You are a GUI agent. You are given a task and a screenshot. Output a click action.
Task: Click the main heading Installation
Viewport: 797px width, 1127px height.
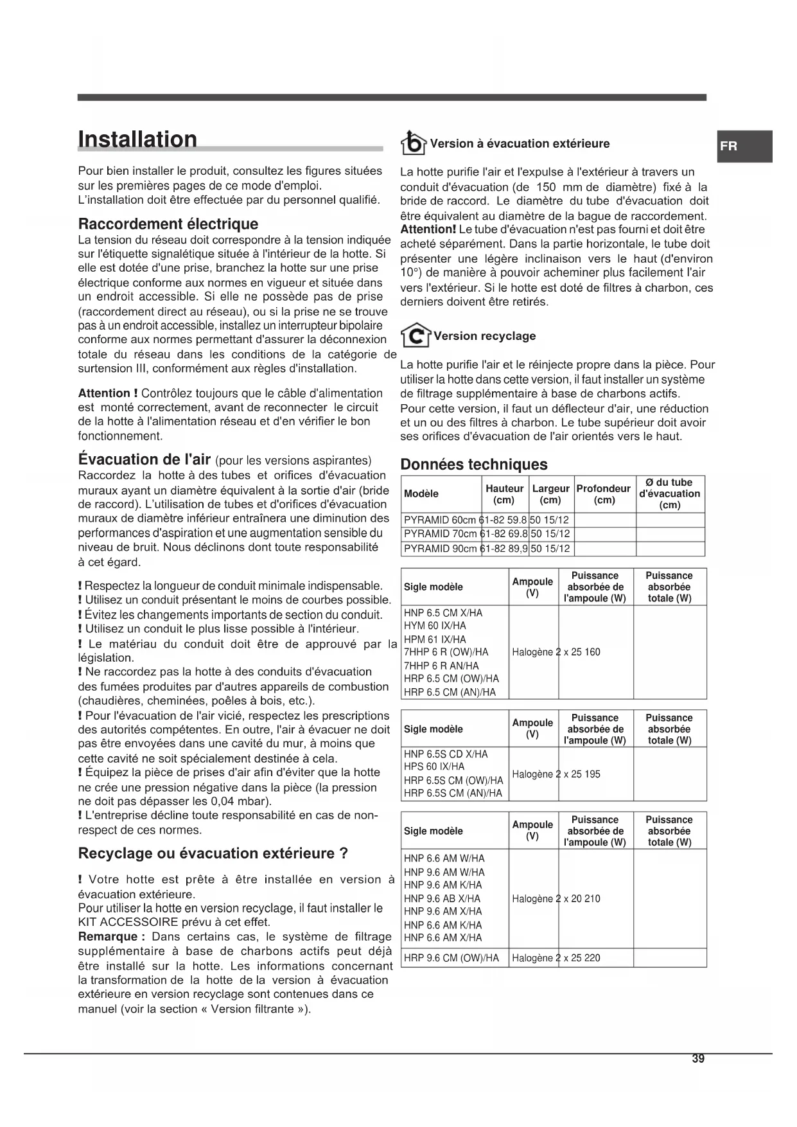pos(137,139)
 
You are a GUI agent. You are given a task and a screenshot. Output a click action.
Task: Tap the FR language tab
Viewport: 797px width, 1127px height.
pos(729,146)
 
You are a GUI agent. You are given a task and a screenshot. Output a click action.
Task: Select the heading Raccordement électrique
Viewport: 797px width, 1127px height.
pos(168,224)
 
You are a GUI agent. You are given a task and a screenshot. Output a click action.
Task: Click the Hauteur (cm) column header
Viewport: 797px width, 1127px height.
pos(504,494)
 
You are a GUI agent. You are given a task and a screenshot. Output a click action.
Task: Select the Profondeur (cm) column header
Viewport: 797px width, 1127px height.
pos(603,494)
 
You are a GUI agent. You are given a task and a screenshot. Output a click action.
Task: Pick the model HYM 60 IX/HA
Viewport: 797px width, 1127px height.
pos(435,626)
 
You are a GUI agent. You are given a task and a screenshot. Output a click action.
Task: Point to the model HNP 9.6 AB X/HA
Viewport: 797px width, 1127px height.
pos(442,899)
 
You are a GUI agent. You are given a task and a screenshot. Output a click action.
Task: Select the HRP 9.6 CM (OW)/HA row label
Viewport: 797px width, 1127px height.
pos(451,958)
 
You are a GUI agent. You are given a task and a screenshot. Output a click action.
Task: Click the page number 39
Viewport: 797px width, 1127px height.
pos(698,1059)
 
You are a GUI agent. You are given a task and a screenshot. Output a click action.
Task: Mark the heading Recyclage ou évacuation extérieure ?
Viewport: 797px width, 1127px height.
pos(213,854)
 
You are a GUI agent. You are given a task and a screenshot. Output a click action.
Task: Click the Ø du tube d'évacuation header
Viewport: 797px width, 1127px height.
pos(669,493)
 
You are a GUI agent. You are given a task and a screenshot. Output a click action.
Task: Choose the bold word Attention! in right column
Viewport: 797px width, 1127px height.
pos(428,229)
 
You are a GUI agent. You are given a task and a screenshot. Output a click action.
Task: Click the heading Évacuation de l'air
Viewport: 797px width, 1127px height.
pos(145,460)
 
